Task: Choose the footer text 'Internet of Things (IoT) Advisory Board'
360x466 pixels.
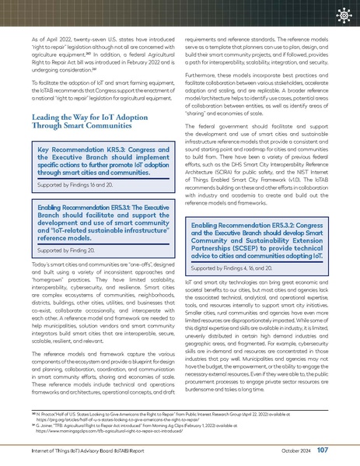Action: coord(78,451)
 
